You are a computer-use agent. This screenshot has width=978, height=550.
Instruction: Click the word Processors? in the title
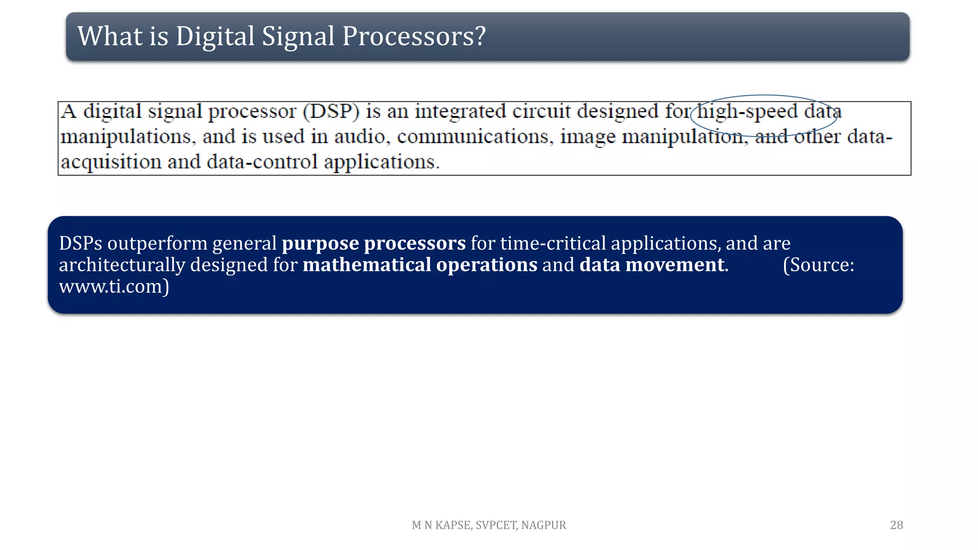point(414,36)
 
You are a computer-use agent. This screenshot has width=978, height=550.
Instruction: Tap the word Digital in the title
point(215,36)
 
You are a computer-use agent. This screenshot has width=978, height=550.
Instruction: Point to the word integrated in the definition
point(460,112)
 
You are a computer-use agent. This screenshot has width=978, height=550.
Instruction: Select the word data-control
point(262,162)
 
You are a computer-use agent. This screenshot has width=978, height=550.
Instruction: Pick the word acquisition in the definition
point(111,162)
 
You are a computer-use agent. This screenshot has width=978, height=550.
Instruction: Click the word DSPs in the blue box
point(80,243)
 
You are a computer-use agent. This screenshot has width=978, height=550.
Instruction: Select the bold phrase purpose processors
point(373,243)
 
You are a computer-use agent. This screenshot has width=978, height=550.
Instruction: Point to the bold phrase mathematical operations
point(420,265)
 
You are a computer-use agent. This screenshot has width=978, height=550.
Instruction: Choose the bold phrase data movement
point(652,265)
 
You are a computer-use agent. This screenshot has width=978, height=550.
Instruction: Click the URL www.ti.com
point(111,286)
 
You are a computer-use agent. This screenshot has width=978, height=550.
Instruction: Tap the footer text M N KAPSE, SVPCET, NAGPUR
point(489,525)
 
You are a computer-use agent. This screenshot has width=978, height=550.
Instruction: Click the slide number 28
point(896,525)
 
